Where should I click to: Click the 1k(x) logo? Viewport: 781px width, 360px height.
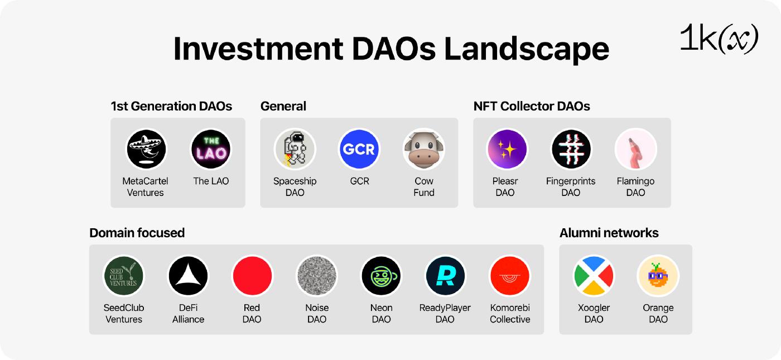point(719,39)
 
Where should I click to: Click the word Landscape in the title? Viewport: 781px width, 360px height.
point(527,49)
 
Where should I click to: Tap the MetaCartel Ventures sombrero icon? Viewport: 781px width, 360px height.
point(146,150)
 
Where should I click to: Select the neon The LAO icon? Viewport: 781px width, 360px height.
point(211,150)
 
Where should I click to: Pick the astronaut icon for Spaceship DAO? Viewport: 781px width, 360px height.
point(295,150)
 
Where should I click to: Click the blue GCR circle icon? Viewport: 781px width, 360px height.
point(359,150)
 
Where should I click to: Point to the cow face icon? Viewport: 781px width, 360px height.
point(423,150)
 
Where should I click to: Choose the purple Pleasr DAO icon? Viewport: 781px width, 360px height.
point(507,150)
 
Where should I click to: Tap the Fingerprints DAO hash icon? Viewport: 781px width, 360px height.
point(571,150)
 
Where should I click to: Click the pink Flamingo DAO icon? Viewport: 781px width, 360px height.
point(635,150)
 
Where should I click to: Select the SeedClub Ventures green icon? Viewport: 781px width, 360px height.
point(124,276)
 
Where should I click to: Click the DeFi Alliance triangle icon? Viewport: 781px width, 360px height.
point(189,276)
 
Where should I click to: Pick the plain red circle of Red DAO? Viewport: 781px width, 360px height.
point(252,276)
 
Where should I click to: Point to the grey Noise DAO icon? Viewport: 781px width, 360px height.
point(317,276)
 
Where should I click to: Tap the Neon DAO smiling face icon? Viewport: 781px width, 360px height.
point(381,276)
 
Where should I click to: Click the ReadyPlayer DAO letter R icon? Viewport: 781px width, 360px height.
point(445,276)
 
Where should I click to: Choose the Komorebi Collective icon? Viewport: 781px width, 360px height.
point(510,276)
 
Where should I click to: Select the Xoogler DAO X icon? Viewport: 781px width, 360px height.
point(594,276)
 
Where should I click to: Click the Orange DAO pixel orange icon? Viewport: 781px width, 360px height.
point(658,276)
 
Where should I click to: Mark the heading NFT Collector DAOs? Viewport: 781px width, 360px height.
point(532,106)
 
